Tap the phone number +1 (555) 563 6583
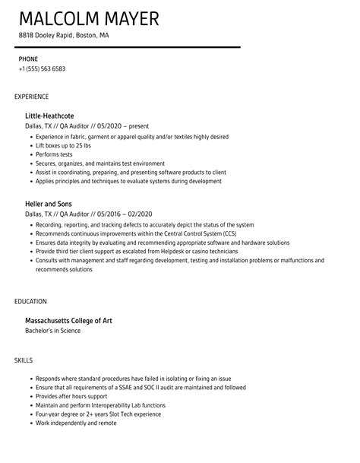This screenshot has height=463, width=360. tap(42, 68)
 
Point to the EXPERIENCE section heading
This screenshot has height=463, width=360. tap(32, 97)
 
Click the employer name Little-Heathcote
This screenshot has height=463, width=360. tap(58, 115)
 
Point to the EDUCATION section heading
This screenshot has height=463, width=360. tap(30, 301)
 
